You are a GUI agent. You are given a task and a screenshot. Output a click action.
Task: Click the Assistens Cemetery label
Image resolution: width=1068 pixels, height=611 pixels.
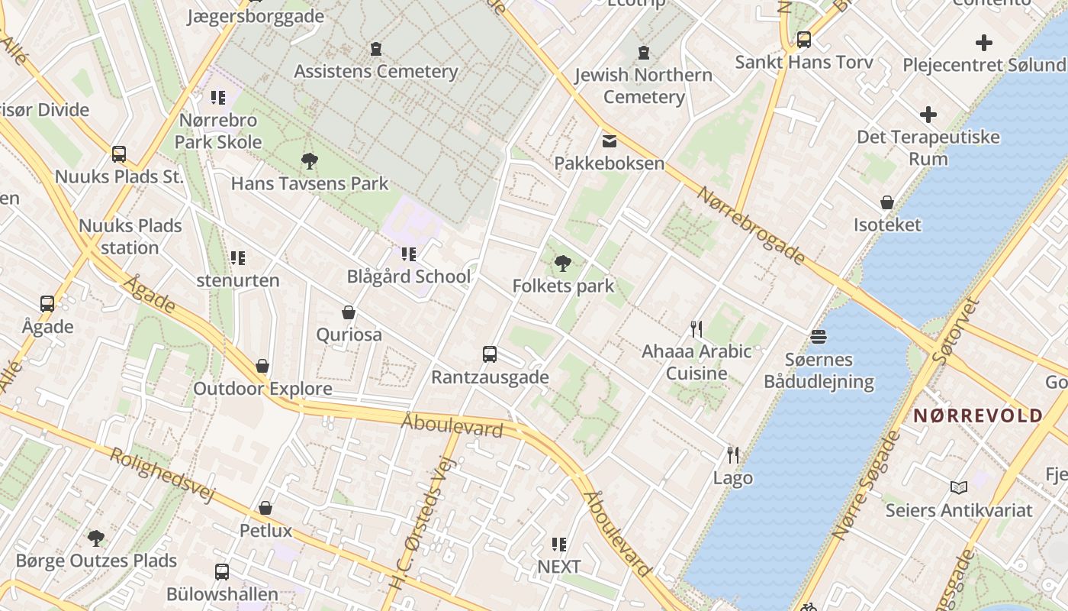tap(376, 72)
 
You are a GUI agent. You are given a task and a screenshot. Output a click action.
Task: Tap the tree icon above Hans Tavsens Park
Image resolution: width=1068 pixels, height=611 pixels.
tap(310, 161)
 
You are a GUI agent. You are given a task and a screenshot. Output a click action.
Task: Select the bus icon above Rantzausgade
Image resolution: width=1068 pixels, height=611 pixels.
tap(490, 354)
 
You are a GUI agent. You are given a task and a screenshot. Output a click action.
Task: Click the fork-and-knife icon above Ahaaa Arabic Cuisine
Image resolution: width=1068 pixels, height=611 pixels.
tap(696, 329)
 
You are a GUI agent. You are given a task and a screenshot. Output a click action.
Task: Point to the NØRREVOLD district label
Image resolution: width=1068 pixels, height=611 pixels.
tap(978, 415)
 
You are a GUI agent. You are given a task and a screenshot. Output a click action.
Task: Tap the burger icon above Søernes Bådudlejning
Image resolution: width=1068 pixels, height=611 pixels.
tap(819, 337)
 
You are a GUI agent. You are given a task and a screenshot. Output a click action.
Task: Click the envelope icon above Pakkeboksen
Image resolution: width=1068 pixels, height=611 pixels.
tap(609, 141)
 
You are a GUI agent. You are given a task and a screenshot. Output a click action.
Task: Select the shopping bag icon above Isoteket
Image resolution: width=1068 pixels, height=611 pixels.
tap(887, 202)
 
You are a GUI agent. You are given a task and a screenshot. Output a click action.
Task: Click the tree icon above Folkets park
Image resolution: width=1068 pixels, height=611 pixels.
tap(563, 263)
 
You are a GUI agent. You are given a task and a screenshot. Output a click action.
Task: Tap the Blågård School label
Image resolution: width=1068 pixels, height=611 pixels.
tap(409, 276)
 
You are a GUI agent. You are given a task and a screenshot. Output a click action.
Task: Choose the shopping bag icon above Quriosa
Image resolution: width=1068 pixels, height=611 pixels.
tap(349, 312)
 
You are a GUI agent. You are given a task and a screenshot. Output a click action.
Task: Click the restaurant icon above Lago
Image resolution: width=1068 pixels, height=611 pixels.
tap(732, 455)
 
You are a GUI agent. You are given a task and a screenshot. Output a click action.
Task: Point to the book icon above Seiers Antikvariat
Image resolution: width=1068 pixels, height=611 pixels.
tap(958, 487)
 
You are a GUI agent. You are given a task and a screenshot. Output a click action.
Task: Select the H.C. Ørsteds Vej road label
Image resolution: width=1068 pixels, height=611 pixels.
tap(417, 519)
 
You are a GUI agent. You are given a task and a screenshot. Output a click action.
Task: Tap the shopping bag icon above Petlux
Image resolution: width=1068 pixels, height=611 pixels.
tap(265, 508)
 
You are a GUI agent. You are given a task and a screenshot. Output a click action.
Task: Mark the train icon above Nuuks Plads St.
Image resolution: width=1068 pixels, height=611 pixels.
tap(119, 154)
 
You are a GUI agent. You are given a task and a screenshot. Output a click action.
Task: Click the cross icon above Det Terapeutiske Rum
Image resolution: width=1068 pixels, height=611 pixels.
tap(928, 115)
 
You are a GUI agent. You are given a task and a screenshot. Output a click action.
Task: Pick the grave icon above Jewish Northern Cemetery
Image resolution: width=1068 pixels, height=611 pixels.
tap(644, 53)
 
